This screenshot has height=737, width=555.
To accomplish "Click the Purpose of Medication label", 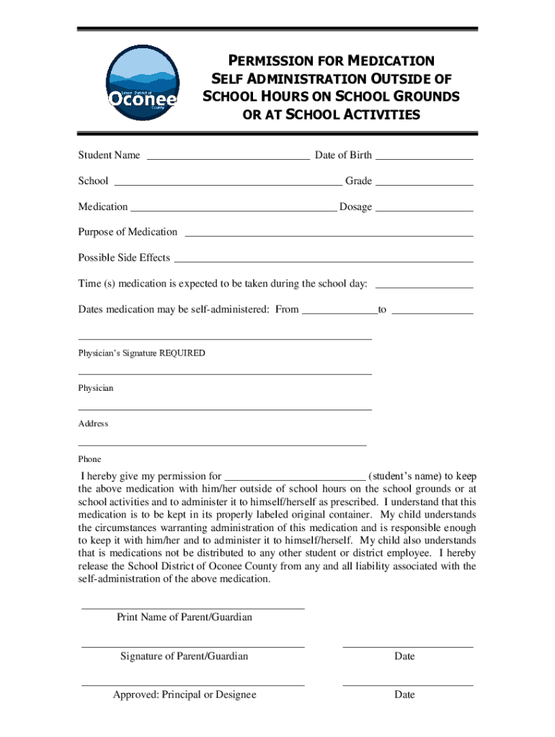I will tap(128, 232).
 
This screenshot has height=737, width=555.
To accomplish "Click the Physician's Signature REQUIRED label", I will tap(141, 353).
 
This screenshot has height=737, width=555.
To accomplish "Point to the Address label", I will tap(93, 424).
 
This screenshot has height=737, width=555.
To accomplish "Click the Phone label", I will tap(89, 459).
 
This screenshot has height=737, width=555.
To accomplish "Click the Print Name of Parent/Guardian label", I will tap(184, 618).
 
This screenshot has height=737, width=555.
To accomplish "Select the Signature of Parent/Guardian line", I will tap(192, 646).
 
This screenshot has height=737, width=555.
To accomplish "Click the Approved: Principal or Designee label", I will tap(184, 695).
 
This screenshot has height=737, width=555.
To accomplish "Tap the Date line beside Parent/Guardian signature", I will tap(407, 646).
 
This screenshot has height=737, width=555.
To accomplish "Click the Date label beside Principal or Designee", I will tap(404, 695).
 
